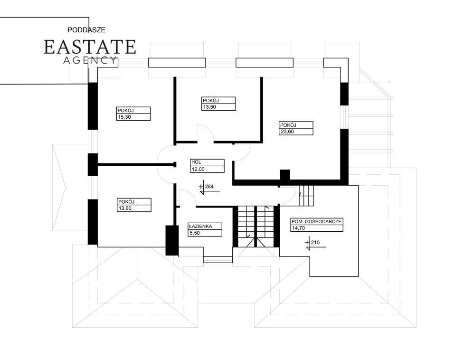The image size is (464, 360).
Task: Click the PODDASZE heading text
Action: pyautogui.click(x=86, y=30)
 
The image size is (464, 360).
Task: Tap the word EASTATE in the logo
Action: pyautogui.click(x=90, y=47)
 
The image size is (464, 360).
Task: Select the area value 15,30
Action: pyautogui.click(x=124, y=117)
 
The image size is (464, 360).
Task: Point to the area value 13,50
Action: pyautogui.click(x=209, y=107)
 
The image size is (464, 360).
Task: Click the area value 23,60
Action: pyautogui.click(x=287, y=132)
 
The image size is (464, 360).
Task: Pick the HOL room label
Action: pyautogui.click(x=196, y=162)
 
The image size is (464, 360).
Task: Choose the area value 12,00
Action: pyautogui.click(x=198, y=169)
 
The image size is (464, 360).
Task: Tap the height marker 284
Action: pyautogui.click(x=209, y=187)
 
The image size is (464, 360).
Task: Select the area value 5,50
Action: pyautogui.click(x=194, y=233)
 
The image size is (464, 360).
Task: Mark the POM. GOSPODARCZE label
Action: pyautogui.click(x=317, y=221)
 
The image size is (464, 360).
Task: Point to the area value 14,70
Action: pyautogui.click(x=298, y=228)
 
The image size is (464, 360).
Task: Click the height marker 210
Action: pyautogui.click(x=315, y=243)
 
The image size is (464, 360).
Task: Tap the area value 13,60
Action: pyautogui.click(x=125, y=208)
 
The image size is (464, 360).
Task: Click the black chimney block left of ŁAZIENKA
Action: pyautogui.click(x=171, y=240)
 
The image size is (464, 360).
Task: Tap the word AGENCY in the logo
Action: pyautogui.click(x=90, y=60)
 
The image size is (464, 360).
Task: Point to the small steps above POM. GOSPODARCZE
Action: pyautogui.click(x=306, y=196)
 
